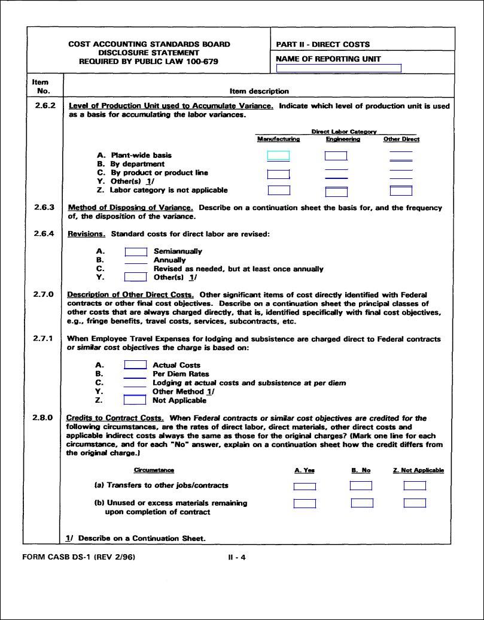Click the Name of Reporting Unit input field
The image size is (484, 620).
(339, 68)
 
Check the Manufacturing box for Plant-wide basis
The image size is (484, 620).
(278, 156)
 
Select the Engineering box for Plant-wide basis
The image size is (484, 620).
(336, 156)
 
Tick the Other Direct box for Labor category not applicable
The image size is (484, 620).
(401, 191)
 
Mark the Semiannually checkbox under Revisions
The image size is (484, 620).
(136, 251)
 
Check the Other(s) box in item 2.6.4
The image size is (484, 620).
(136, 277)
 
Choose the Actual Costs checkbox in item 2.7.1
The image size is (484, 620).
(135, 364)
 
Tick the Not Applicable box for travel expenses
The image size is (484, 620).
(135, 400)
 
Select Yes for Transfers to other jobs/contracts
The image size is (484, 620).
(305, 486)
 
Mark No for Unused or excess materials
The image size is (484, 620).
(362, 503)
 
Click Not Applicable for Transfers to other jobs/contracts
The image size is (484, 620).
(415, 486)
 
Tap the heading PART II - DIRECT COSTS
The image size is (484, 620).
(323, 44)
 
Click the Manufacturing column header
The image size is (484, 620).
(278, 139)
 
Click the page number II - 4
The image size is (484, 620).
(237, 558)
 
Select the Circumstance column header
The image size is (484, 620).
(154, 470)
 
